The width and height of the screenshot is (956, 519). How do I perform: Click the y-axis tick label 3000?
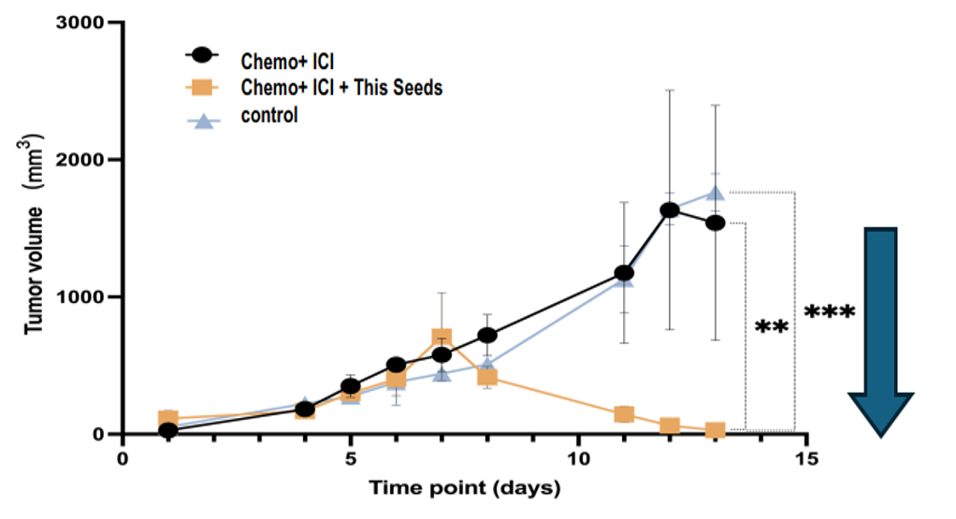pos(87,22)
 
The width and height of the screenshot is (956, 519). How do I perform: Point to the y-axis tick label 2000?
pos(87,160)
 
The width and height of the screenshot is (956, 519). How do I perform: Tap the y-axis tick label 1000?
pos(87,297)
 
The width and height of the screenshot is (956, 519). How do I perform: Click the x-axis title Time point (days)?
pos(464,487)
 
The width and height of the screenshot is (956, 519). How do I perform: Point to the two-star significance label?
pos(772,328)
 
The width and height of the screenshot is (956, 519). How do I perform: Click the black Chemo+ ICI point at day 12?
pos(670,209)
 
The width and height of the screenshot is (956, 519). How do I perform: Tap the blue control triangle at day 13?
pos(716,193)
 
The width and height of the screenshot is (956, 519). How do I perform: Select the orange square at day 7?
pos(442,338)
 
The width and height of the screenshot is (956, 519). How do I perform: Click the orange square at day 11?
pos(624,414)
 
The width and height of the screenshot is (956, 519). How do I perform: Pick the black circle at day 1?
pos(168,431)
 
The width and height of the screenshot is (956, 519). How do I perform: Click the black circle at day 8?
pos(487,335)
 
